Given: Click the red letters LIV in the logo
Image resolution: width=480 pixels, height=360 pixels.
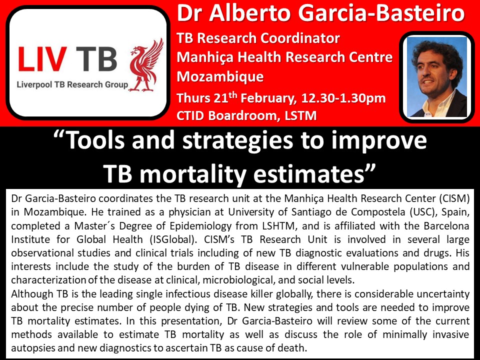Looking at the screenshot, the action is tap(42, 59).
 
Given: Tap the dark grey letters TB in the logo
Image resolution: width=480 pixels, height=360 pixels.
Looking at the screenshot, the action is tap(96, 59).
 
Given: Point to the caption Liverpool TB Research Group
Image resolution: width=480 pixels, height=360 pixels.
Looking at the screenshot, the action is tap(72, 84).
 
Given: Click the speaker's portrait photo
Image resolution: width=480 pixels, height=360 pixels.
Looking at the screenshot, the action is tap(437, 77).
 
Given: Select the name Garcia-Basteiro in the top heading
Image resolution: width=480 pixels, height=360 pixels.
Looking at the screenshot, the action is tap(381, 13).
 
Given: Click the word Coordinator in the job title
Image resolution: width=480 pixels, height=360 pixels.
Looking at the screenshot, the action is tap(300, 38).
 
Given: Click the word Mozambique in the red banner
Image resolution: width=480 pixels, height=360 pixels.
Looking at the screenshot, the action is tap(220, 76).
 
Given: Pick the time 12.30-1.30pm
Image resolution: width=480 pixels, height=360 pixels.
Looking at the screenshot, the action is tap(343, 98).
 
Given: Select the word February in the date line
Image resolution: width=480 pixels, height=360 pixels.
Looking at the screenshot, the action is tap(268, 98).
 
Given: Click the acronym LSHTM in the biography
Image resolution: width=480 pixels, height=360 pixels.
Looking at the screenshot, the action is tap(278, 226).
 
